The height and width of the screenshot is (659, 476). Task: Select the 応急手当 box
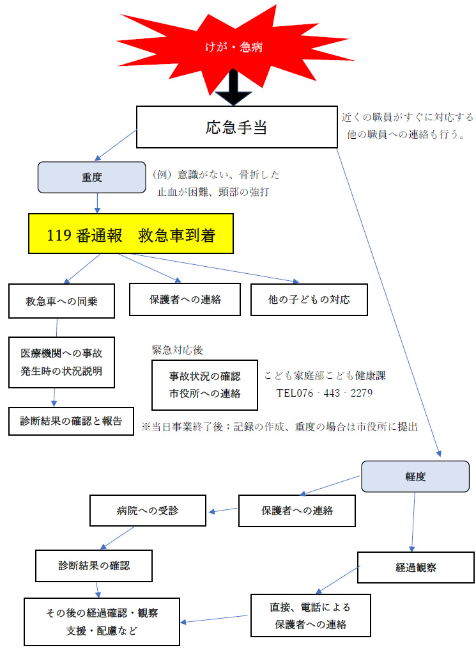[236, 127]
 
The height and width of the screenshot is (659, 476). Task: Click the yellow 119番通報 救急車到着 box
[131, 235]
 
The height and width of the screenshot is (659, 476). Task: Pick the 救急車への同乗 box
[61, 301]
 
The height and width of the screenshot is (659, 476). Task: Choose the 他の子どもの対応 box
[309, 299]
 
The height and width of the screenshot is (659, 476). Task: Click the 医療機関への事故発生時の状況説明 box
[61, 363]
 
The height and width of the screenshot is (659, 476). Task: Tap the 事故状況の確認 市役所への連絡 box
[204, 385]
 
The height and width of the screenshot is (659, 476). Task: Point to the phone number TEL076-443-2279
[324, 392]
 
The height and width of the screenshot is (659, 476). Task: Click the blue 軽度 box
[415, 477]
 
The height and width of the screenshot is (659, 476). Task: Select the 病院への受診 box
[148, 511]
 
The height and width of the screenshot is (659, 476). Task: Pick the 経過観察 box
[416, 567]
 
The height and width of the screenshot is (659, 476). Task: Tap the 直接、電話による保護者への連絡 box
[311, 615]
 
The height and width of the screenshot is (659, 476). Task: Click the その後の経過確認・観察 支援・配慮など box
[102, 621]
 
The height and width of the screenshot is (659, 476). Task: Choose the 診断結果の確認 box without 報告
[94, 566]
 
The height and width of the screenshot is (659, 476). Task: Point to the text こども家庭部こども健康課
[325, 376]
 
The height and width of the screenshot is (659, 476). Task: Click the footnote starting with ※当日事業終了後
[279, 427]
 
